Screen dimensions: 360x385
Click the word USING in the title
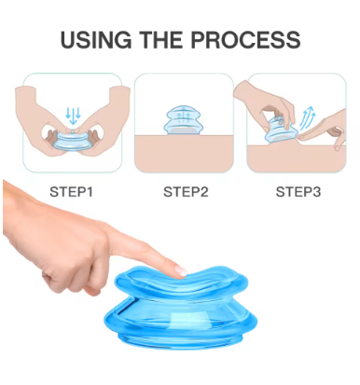pyautogui.click(x=96, y=40)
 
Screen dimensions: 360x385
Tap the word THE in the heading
pyautogui.click(x=160, y=40)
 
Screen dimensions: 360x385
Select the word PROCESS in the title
pyautogui.click(x=245, y=40)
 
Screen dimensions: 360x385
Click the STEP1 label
pyautogui.click(x=71, y=192)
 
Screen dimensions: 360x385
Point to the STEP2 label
pyautogui.click(x=186, y=192)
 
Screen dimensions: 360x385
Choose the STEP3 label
pyautogui.click(x=298, y=192)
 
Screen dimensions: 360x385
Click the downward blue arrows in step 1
pyautogui.click(x=73, y=116)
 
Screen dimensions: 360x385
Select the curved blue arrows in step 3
pyautogui.click(x=308, y=118)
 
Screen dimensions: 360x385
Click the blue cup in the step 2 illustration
pyautogui.click(x=184, y=120)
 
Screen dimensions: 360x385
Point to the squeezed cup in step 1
pyautogui.click(x=72, y=141)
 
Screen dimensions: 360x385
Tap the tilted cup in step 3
pyautogui.click(x=278, y=131)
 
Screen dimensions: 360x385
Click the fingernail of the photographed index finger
pyautogui.click(x=181, y=270)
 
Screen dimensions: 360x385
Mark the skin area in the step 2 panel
pyautogui.click(x=184, y=154)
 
